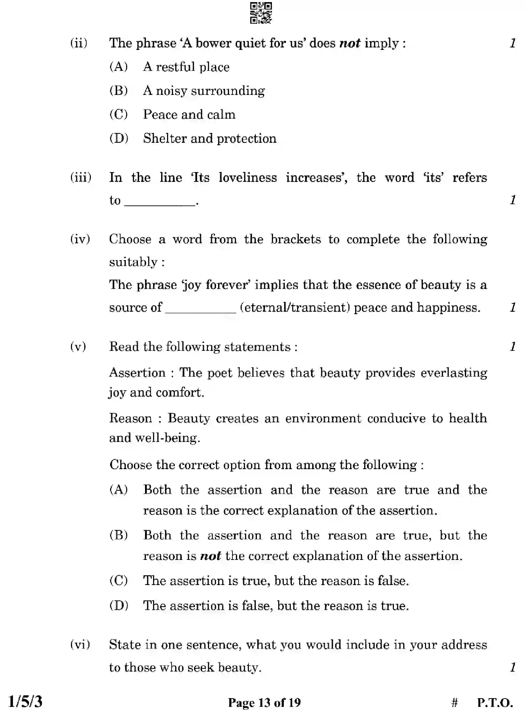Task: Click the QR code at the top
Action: [x=261, y=13]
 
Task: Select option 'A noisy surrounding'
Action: [x=204, y=91]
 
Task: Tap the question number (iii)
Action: [x=81, y=178]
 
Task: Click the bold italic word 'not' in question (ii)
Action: [x=350, y=43]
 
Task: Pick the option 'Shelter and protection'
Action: [x=210, y=139]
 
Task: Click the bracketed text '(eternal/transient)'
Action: [x=295, y=308]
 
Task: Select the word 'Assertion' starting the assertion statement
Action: [x=137, y=373]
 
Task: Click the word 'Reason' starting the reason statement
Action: [x=131, y=418]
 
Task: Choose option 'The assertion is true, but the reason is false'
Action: [x=276, y=581]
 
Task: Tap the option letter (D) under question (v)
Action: [x=119, y=605]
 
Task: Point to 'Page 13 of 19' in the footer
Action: [x=264, y=702]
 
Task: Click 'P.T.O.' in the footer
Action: [x=495, y=702]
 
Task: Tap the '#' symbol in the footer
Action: [x=454, y=702]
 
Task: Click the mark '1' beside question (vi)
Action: [x=512, y=667]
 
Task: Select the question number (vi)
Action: [x=80, y=644]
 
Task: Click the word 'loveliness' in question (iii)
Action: [x=247, y=178]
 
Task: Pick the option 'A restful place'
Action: [x=186, y=67]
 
